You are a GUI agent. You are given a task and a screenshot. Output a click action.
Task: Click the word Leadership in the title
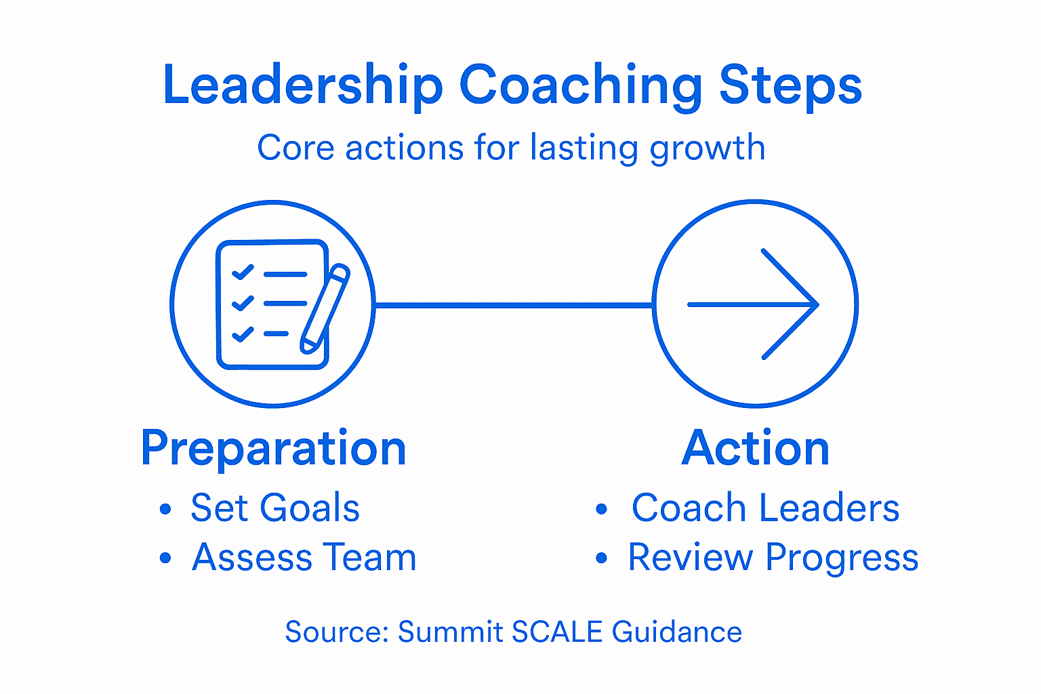pos(303,86)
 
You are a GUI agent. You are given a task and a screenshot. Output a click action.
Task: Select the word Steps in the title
pos(790,86)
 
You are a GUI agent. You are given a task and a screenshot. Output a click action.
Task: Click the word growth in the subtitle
pos(708,148)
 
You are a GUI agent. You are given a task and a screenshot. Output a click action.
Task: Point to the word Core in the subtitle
pos(295,148)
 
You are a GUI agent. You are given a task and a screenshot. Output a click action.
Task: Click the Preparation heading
pos(273,448)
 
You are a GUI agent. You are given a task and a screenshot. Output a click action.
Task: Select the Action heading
pos(756,448)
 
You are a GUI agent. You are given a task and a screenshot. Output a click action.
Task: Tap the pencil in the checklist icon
pos(325,308)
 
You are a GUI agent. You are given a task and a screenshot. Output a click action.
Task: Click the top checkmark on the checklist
pos(242,272)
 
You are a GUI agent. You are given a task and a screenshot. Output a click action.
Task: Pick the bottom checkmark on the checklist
pos(242,333)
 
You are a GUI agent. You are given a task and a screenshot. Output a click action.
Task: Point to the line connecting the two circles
pos(513,305)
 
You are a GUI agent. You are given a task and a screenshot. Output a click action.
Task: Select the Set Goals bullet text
pos(274,508)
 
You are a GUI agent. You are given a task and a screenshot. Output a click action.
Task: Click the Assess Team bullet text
pos(304,558)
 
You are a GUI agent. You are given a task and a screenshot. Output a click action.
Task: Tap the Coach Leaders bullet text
pos(765,508)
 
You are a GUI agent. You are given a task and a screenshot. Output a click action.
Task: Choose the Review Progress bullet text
pos(773,558)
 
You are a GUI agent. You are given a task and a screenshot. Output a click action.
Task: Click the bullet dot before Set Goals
pos(165,509)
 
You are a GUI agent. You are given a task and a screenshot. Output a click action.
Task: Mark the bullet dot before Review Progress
pos(601,558)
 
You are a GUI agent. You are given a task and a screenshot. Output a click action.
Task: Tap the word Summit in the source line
pos(450,632)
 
